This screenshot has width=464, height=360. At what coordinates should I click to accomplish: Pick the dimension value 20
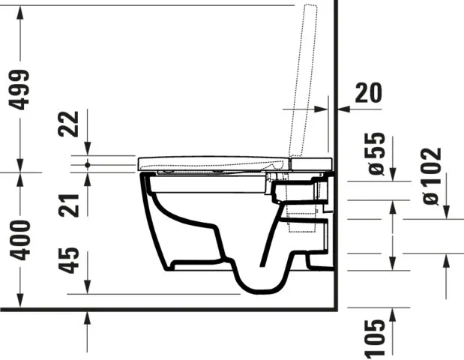pos(367,94)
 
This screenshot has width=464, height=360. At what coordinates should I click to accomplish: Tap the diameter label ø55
pos(376,154)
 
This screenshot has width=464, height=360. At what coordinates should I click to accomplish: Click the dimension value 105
pos(376,337)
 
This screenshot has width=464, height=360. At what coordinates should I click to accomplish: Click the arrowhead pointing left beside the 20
pos(343,109)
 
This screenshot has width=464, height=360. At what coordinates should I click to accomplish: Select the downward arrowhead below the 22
pos(88,153)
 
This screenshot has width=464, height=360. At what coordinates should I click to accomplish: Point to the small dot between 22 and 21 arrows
pos(88,163)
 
